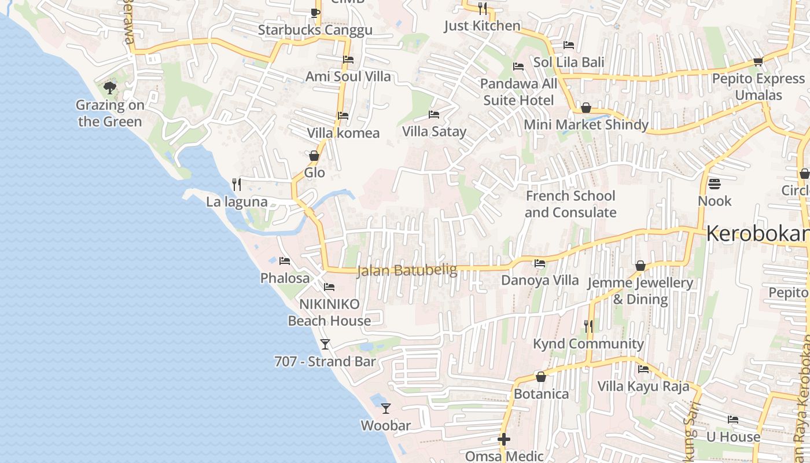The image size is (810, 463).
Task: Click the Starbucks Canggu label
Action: pos(315,30)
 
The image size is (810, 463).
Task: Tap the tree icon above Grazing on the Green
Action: pos(109,88)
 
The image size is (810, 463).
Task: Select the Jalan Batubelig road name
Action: pos(407,270)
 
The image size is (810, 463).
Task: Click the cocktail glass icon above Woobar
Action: pos(386,409)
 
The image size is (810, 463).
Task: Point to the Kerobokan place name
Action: pos(757,234)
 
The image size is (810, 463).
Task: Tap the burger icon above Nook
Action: pos(715,184)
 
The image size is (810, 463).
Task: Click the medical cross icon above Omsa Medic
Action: pos(504,440)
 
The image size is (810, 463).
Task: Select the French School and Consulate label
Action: pos(570,204)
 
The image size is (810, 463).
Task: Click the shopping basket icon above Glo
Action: pos(314,156)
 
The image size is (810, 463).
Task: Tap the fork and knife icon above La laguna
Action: pos(237,185)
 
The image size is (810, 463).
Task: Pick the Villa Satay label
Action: pos(434,131)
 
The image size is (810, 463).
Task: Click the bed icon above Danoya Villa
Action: pos(540,263)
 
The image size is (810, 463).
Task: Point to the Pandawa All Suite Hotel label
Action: pos(518,92)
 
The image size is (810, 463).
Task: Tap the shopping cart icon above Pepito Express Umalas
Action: pos(758,61)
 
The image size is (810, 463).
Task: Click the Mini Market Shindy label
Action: pos(586,124)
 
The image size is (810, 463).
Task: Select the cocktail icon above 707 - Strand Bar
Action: pos(325,344)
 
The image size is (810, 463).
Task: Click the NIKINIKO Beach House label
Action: pos(329,312)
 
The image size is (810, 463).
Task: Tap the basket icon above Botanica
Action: pos(541,377)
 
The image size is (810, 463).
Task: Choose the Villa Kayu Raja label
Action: pos(643,386)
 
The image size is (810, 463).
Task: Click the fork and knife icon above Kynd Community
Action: pos(588,326)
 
